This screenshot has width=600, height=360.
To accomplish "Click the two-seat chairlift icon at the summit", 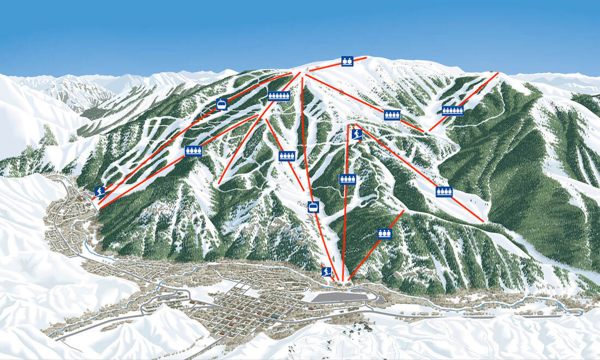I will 347,61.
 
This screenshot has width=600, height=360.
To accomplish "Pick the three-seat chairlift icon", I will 385,234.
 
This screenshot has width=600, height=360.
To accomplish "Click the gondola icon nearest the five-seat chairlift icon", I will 221,104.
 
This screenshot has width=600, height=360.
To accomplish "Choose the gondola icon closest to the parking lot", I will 313,207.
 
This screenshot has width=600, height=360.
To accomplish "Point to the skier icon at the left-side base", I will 99,192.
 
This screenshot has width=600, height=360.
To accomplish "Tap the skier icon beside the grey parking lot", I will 326,272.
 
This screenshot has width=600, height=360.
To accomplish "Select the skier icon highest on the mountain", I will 357,134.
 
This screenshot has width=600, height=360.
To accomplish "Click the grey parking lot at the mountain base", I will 341,296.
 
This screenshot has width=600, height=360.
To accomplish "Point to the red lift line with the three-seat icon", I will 371,251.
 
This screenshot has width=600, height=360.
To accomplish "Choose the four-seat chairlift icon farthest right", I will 445,192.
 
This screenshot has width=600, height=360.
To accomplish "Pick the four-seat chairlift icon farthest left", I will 193,151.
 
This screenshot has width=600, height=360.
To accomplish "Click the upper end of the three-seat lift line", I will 403,211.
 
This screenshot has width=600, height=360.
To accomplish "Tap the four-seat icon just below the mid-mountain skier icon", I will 347,179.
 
